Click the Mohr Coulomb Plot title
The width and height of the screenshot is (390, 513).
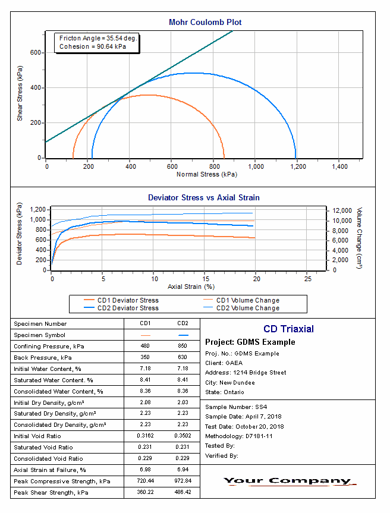coord(205,23)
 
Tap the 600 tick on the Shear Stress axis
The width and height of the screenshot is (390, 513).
coord(36,53)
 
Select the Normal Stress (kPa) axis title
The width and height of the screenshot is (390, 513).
coord(206,175)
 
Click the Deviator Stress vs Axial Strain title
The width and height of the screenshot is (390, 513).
coord(203,197)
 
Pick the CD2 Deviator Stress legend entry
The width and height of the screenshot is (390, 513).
coord(128,308)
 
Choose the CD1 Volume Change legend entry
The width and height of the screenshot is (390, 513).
coord(247,300)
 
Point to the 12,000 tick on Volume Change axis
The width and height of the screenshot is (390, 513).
coord(343,210)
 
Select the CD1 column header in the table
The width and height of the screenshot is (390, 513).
coord(145,324)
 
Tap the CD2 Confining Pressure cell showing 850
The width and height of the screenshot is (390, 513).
coord(183,347)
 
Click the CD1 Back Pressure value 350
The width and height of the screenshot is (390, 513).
coord(145,358)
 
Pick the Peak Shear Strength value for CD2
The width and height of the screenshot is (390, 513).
coord(183,493)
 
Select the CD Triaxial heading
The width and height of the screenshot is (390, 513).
coord(288,329)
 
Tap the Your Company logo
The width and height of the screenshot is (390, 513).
coord(288,481)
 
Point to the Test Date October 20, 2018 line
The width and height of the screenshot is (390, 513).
coord(245,426)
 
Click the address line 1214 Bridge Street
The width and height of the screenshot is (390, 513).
coord(246,373)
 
